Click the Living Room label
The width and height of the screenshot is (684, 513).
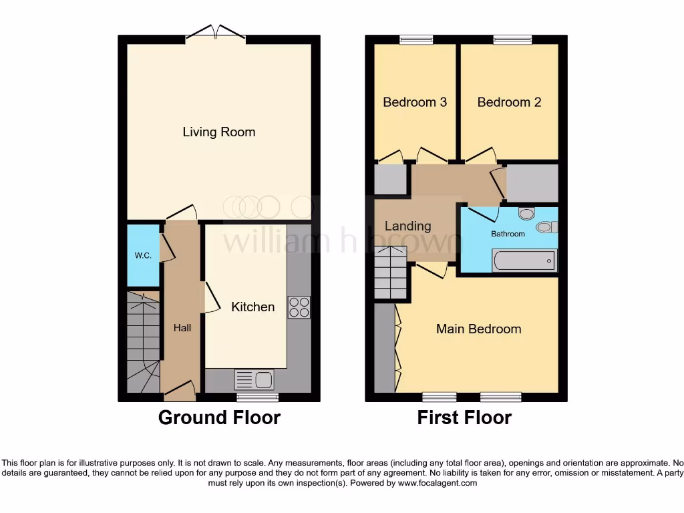(x=218, y=132)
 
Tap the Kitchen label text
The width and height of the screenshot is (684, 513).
(x=252, y=307)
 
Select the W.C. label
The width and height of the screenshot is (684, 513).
(x=143, y=255)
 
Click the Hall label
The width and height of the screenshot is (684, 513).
(x=182, y=328)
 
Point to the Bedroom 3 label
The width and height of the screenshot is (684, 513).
(x=415, y=102)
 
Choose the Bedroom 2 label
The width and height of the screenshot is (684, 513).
(x=509, y=102)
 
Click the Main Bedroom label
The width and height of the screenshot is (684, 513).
(x=478, y=329)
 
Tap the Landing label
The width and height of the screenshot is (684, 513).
(x=407, y=226)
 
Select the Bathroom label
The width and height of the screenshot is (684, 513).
(x=508, y=234)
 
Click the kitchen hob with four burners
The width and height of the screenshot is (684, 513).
(x=299, y=307)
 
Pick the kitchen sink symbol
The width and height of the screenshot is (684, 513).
(x=254, y=380)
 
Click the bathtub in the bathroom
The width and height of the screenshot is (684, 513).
(x=524, y=261)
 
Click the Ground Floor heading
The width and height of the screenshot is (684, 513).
(x=219, y=418)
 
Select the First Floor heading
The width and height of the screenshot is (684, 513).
(x=464, y=418)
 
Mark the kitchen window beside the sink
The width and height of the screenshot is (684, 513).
(x=258, y=397)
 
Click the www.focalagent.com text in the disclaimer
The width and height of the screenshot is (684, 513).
(x=438, y=483)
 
